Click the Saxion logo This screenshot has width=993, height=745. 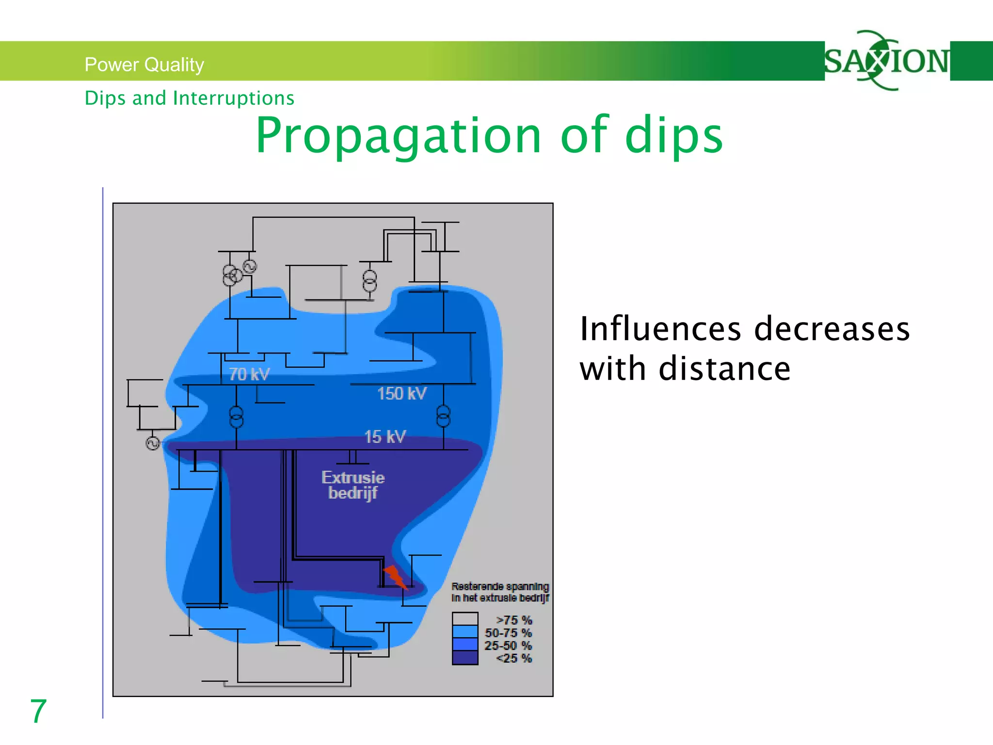click(x=886, y=61)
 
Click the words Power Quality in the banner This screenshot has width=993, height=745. click(x=144, y=65)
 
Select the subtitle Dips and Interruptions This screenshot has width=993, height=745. click(x=189, y=98)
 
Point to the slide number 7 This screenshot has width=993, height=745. click(x=38, y=711)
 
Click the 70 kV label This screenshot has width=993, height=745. click(x=249, y=374)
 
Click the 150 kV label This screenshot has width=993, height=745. click(x=401, y=393)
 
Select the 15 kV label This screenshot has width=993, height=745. click(x=385, y=437)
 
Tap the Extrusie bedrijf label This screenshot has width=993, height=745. click(x=352, y=485)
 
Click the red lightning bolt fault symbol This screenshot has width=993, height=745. click(x=395, y=577)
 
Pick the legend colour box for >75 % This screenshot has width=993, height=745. click(x=465, y=619)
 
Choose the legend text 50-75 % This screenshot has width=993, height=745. click(x=508, y=633)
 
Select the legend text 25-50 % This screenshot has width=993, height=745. click(x=508, y=646)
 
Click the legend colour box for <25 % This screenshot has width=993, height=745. click(x=465, y=658)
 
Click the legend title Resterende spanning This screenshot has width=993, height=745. click(x=500, y=586)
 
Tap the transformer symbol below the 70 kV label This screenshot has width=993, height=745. click(x=236, y=417)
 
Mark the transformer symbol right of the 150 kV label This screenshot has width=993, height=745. click(x=443, y=416)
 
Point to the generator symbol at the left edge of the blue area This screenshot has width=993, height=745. click(x=153, y=443)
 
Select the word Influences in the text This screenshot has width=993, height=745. click(x=660, y=329)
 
